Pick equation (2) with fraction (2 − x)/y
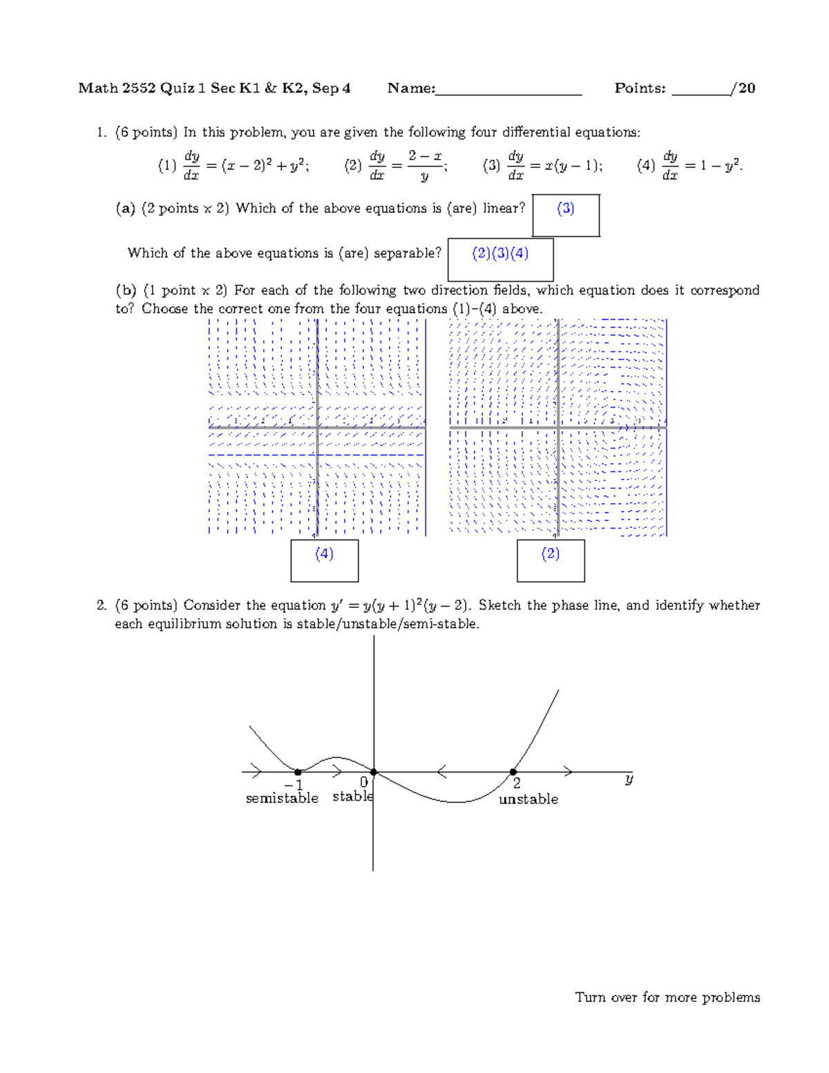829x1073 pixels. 396,166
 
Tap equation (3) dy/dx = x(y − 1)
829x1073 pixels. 543,166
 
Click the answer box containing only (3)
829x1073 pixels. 565,216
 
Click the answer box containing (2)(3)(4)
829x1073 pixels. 500,260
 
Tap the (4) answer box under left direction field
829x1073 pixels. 324,560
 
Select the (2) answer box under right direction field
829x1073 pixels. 551,560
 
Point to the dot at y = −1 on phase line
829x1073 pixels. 298,772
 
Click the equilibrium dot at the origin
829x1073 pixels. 374,772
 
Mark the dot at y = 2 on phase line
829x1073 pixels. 513,772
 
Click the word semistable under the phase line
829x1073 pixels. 282,799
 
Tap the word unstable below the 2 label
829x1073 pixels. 528,799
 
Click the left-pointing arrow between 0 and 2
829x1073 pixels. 442,772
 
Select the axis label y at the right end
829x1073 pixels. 629,779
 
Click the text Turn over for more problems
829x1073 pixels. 667,997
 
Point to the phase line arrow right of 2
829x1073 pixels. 568,772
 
